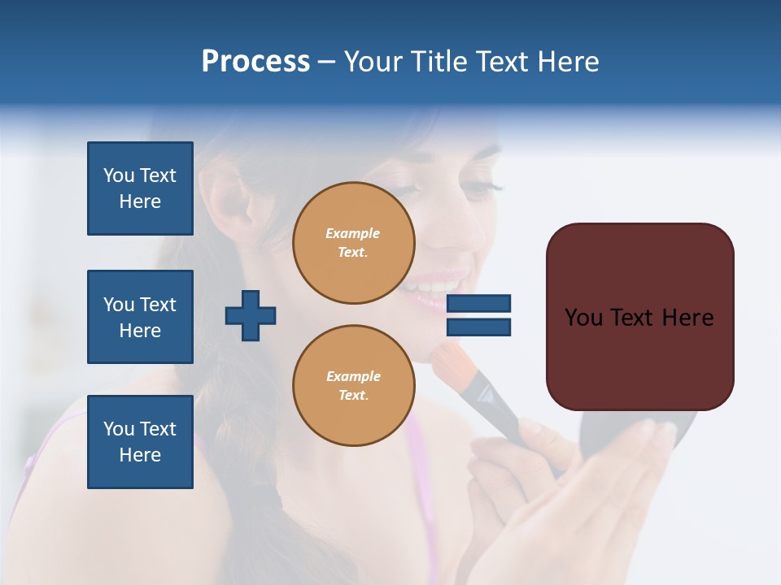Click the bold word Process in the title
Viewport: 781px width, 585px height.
[255, 62]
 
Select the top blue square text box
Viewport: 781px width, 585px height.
[140, 188]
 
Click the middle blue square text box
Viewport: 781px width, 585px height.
[140, 317]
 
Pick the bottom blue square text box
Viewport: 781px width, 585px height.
[140, 441]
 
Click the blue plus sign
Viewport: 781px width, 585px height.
[251, 316]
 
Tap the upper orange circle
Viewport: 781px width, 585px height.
[353, 242]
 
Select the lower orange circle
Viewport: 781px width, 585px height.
[353, 385]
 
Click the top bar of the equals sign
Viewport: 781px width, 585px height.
[478, 303]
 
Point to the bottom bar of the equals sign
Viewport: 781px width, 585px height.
[478, 327]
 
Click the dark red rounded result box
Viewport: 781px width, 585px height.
[639, 317]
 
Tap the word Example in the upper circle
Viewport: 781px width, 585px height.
[352, 233]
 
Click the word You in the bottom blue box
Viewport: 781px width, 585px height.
[118, 429]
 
